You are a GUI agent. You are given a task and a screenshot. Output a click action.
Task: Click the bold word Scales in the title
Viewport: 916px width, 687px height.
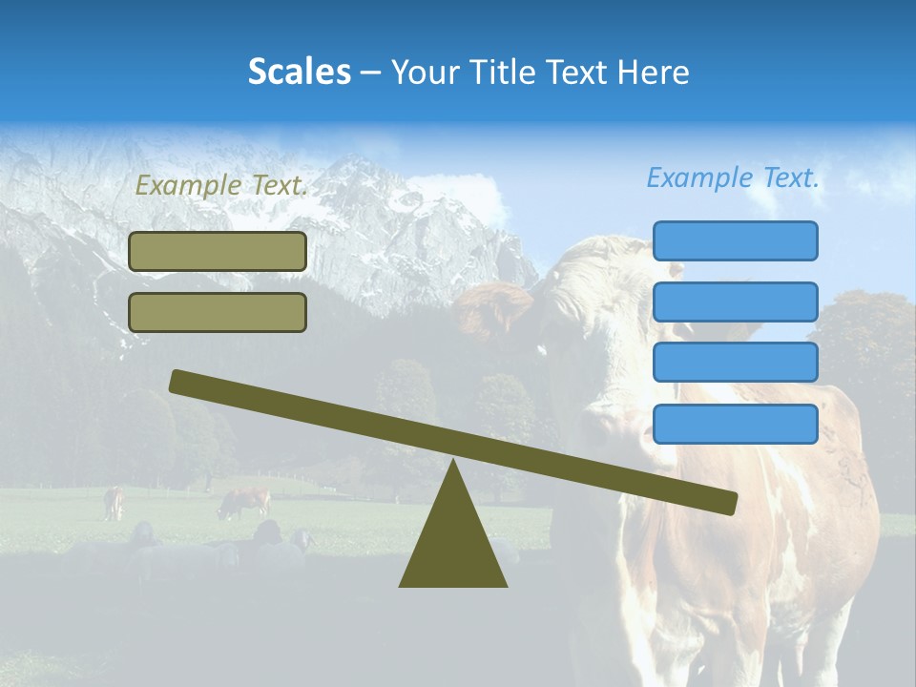click(299, 72)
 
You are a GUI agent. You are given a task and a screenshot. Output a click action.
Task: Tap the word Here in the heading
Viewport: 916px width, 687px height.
click(653, 72)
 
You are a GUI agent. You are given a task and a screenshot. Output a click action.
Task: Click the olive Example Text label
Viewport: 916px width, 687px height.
click(221, 185)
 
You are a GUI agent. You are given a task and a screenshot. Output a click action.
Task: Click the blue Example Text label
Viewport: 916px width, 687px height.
click(733, 177)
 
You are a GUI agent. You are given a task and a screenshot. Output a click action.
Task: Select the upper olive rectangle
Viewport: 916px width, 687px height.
click(218, 251)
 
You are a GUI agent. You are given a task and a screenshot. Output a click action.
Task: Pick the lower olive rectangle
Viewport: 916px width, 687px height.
click(218, 312)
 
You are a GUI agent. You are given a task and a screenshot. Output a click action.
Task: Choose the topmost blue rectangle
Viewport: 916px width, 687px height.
click(735, 240)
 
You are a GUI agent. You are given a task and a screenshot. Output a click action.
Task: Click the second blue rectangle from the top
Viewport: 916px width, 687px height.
click(735, 302)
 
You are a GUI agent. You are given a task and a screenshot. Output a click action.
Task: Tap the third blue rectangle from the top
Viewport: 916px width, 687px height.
click(735, 363)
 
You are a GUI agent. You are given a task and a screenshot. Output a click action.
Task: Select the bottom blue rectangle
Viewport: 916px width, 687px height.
click(735, 424)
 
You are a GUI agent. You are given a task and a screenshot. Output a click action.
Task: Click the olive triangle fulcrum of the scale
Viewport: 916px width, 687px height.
click(453, 544)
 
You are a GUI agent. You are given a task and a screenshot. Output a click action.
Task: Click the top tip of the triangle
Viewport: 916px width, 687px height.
click(453, 463)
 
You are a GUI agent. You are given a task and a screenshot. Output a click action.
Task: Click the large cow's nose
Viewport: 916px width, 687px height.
click(596, 425)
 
